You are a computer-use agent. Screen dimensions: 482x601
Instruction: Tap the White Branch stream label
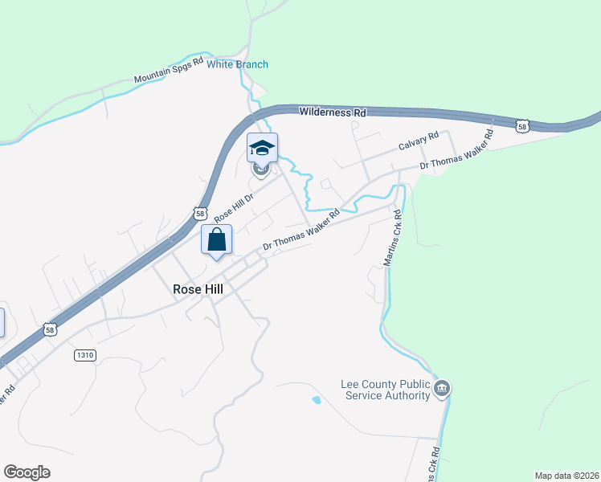click(237, 64)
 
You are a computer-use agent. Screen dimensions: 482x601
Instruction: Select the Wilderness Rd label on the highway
click(333, 112)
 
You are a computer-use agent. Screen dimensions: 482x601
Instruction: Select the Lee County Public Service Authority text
click(386, 390)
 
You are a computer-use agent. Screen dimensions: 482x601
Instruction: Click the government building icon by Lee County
click(441, 390)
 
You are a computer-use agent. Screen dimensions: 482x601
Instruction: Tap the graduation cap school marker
click(262, 148)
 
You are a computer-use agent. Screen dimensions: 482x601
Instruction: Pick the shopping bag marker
click(216, 239)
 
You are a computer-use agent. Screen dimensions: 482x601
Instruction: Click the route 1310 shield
click(84, 354)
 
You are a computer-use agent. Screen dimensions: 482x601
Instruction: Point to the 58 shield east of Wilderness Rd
click(523, 126)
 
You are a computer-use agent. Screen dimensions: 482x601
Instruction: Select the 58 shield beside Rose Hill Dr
click(199, 213)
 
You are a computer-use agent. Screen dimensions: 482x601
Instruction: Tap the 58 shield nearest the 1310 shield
click(51, 329)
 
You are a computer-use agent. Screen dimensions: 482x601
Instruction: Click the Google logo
click(27, 472)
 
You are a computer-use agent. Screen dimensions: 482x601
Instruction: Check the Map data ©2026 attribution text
click(567, 476)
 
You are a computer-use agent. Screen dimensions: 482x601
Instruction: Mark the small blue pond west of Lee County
click(316, 399)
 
